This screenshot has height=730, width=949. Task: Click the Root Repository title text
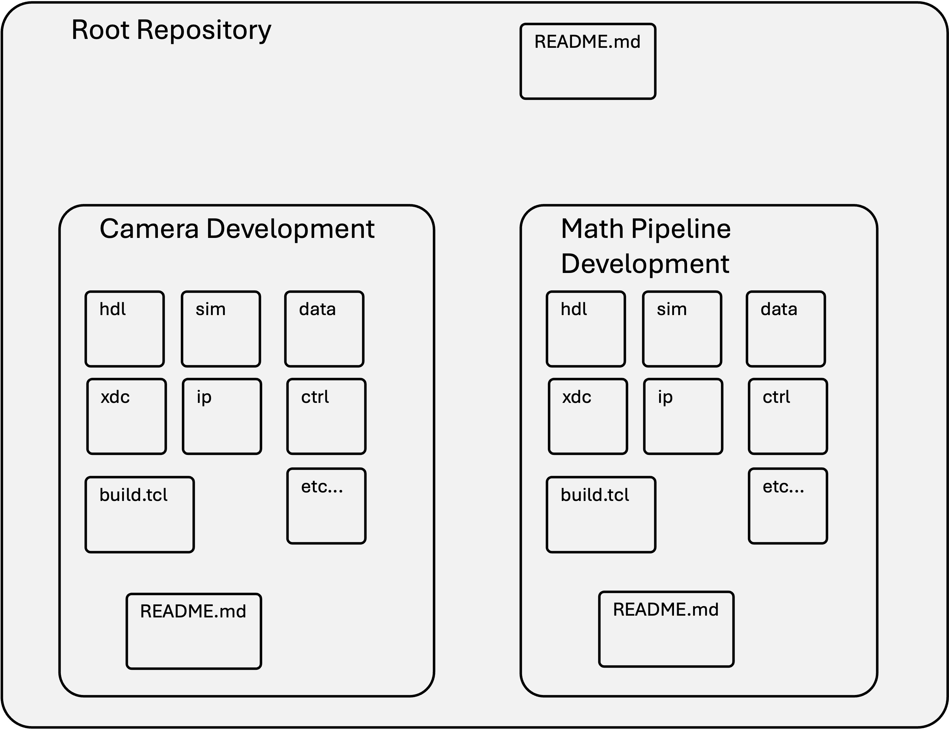point(171,30)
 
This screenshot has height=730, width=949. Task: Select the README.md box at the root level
point(588,61)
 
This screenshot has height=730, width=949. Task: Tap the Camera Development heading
point(237,229)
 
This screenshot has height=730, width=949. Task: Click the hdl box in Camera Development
point(125,329)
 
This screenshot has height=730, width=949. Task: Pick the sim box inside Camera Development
point(221,329)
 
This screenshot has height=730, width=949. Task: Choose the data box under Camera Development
point(324,329)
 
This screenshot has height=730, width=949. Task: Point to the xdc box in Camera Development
point(126,416)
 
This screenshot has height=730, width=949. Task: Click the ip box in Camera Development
point(222,416)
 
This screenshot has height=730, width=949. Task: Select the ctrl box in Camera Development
point(326,416)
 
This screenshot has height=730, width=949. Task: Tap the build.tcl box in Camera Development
point(139,514)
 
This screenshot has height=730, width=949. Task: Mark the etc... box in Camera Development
point(326,506)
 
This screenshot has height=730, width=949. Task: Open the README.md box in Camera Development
point(194,631)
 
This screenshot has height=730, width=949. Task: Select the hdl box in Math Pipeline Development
point(586,329)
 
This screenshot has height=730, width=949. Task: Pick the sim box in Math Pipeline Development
point(682,329)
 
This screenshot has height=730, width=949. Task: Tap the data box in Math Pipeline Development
point(785,329)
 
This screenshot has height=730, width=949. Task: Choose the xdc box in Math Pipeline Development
point(588,416)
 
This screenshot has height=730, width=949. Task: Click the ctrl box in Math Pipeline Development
point(788,416)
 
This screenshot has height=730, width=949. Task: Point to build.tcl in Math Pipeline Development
point(601,514)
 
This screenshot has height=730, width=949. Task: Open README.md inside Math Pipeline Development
point(666,629)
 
